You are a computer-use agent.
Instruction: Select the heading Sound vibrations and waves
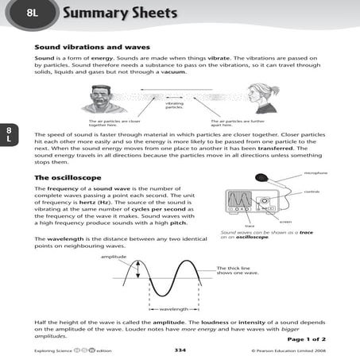pos(92,47)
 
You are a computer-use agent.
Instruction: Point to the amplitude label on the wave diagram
pos(113,257)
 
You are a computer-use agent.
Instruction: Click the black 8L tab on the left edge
pos(7,134)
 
